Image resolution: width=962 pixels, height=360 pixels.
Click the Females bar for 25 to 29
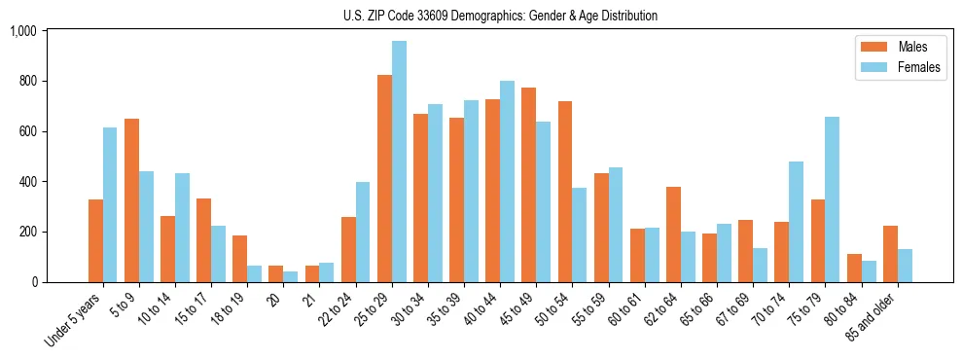pyautogui.click(x=399, y=162)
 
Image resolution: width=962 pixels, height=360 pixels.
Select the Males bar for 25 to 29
pyautogui.click(x=384, y=179)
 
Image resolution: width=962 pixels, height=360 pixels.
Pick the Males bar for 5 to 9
pyautogui.click(x=131, y=200)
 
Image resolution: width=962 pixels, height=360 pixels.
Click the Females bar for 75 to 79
pyautogui.click(x=833, y=199)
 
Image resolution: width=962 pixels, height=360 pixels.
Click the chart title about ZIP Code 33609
pyautogui.click(x=500, y=16)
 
